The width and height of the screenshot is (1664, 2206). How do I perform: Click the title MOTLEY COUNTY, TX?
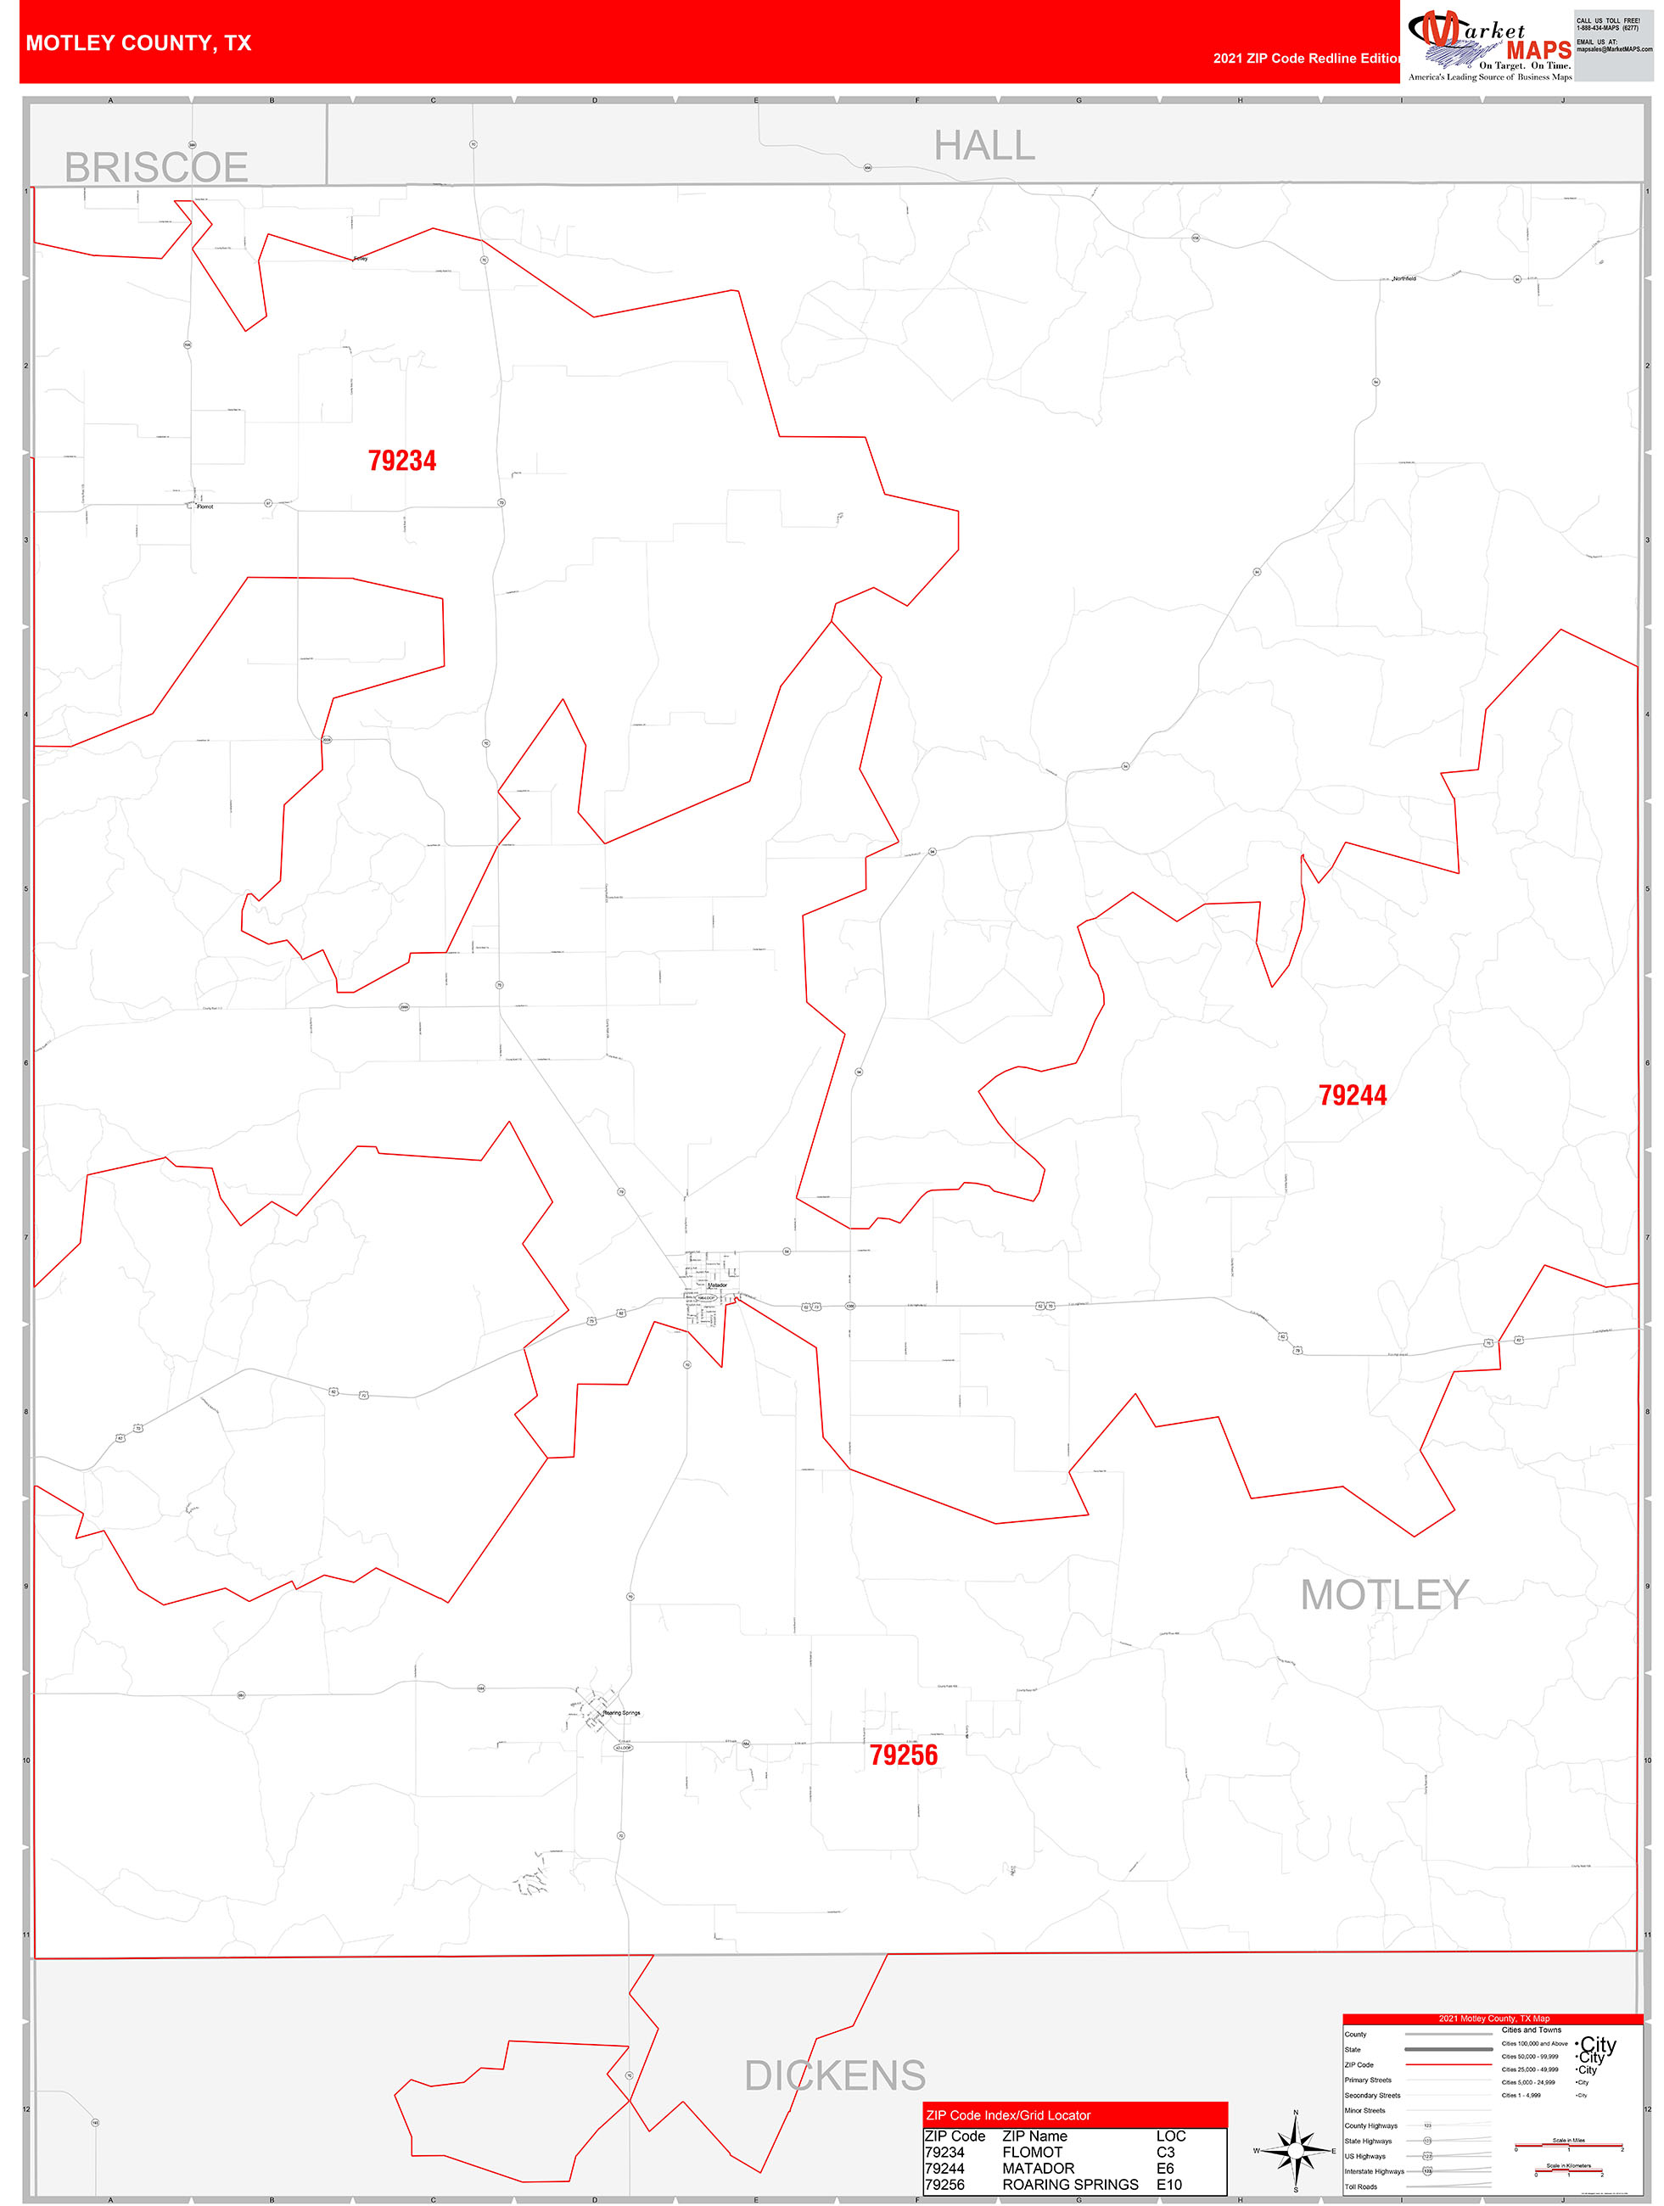(138, 43)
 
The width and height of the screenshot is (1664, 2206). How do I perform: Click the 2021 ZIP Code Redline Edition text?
(1306, 58)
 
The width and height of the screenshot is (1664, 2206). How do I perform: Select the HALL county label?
(983, 146)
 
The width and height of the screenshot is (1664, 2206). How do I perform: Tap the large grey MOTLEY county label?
(1384, 1594)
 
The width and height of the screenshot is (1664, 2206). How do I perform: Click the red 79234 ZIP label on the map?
(402, 461)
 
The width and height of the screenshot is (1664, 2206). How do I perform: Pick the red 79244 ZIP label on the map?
(1352, 1095)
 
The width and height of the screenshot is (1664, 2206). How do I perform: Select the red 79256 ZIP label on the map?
(903, 1755)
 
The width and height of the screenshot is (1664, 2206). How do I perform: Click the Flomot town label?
(204, 507)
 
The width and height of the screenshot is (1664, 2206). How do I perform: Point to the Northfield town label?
(1403, 278)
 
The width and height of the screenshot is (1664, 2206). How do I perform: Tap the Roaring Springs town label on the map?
(621, 1712)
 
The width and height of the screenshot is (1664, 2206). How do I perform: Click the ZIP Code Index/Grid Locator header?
(1007, 2115)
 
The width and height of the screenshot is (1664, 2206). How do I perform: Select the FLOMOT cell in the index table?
(1032, 2153)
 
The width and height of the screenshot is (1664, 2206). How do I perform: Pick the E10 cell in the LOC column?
(1168, 2184)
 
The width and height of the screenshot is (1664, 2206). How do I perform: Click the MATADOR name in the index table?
(1038, 2168)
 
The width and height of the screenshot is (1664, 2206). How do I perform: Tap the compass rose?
(1295, 2150)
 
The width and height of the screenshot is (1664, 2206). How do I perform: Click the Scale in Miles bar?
(1568, 2145)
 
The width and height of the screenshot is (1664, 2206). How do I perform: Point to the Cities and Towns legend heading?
(1532, 2030)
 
